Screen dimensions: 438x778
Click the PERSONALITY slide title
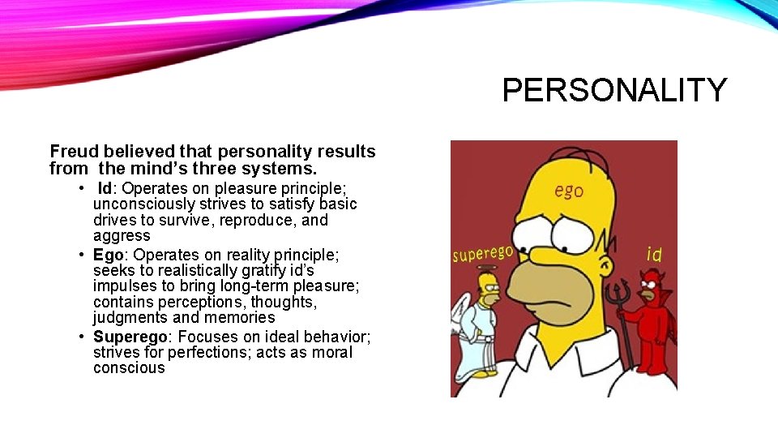coord(614,90)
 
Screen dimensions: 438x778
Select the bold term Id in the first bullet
coord(105,188)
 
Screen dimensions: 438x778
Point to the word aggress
coord(122,236)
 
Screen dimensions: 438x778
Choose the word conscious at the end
coord(129,368)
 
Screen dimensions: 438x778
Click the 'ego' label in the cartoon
coord(569,191)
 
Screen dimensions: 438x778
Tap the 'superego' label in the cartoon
coord(482,254)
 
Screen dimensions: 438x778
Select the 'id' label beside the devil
coord(654,255)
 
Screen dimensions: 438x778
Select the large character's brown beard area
coord(545,288)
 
